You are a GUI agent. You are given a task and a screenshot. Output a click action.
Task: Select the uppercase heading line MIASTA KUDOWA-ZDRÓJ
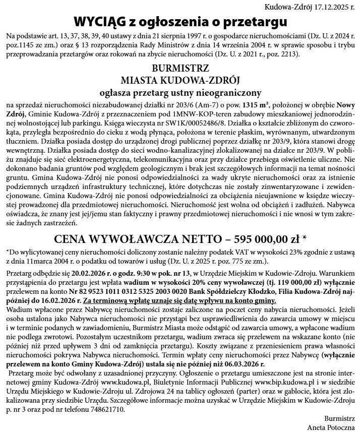coord(180,80)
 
